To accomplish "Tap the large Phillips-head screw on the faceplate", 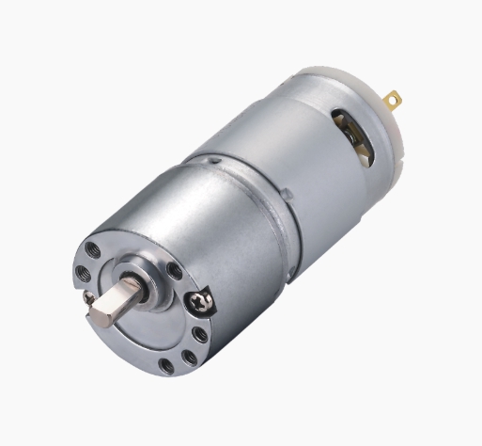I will pos(201,303).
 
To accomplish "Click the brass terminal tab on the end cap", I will pos(393,99).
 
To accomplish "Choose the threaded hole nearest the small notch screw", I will pos(83,272).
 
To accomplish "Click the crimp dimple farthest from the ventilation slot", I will pos(217,161).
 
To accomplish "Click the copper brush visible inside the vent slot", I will pos(357,136).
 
